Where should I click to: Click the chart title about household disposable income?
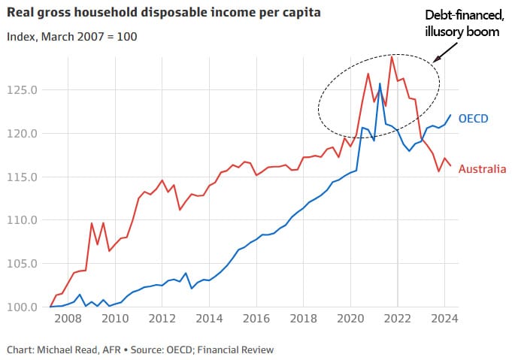153,12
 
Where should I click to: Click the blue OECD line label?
474,118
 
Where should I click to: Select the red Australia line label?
482,169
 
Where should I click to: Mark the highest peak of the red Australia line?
392,56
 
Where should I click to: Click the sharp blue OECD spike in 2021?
380,83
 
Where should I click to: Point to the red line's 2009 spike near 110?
92,223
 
